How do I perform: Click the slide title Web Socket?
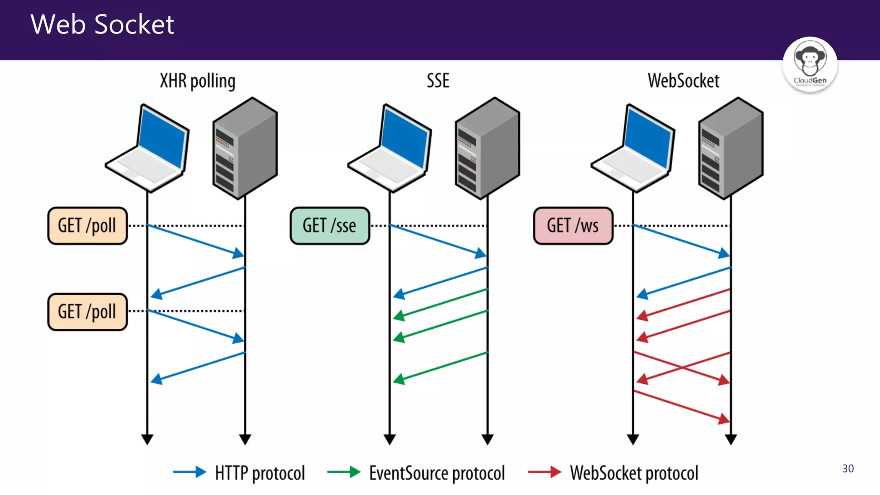click(102, 24)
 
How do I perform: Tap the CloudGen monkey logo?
click(810, 64)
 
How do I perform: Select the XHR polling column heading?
click(198, 81)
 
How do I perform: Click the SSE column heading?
click(438, 81)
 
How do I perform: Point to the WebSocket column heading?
click(683, 81)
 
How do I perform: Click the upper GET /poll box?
click(87, 226)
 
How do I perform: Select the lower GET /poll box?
click(87, 312)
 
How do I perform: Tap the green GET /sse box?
click(330, 226)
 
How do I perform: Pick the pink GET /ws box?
click(573, 226)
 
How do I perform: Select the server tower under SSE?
click(487, 148)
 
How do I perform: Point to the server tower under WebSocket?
click(730, 148)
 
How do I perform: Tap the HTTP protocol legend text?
click(260, 473)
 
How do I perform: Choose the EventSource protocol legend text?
click(437, 473)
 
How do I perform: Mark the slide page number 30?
click(848, 468)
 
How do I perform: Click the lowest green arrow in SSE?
click(440, 367)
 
